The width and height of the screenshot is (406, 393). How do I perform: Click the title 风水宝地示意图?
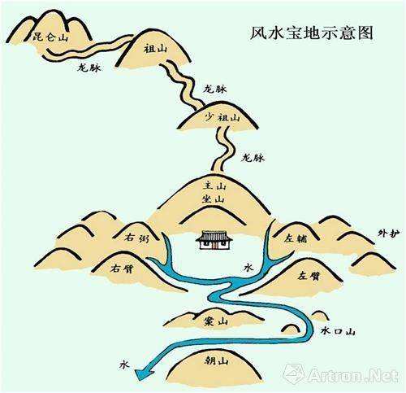coord(311,33)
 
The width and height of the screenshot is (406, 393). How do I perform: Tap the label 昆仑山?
coord(50,37)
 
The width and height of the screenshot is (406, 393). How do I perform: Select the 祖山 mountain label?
coord(155,49)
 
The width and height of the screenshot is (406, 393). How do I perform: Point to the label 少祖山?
coord(222,117)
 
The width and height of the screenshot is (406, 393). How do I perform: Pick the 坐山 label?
coord(214,199)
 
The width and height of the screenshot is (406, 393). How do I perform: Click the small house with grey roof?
coord(214,240)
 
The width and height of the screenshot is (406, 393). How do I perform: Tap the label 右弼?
coord(136,238)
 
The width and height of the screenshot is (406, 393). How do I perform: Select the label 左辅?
coord(296,238)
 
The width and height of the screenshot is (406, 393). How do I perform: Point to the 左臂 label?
coord(309,276)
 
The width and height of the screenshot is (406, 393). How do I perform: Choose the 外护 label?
coord(389,234)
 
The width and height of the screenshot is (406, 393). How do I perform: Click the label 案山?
coord(216,321)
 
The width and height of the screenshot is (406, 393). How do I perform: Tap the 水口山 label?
coord(338,331)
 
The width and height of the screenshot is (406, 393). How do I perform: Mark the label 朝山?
coord(217,360)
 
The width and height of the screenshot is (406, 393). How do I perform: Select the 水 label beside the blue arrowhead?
coord(124,365)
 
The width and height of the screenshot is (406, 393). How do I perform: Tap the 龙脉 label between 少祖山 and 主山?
coord(253,158)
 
